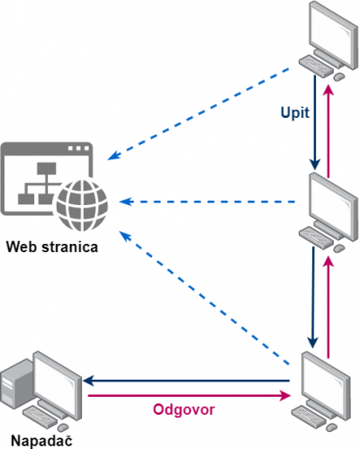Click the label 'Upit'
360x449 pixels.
tap(295, 113)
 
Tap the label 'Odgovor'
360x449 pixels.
tap(184, 409)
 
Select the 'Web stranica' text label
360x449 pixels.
tap(52, 247)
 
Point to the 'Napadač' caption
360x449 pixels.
tap(41, 441)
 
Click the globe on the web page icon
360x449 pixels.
tap(82, 205)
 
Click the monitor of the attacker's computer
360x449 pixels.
tap(57, 387)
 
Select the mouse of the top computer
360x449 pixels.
tap(339, 76)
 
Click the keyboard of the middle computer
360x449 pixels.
tap(316, 237)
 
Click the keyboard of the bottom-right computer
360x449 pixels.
tap(310, 416)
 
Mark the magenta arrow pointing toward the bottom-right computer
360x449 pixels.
tap(190, 396)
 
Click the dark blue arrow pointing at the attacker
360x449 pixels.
tap(186, 381)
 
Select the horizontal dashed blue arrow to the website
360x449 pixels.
tap(207, 202)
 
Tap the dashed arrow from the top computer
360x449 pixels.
tap(198, 114)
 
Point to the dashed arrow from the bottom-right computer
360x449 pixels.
tap(204, 298)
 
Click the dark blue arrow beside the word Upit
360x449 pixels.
tap(315, 122)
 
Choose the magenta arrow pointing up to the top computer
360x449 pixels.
tap(329, 130)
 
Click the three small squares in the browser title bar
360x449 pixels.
tap(78, 148)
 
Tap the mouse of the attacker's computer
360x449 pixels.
tap(63, 427)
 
